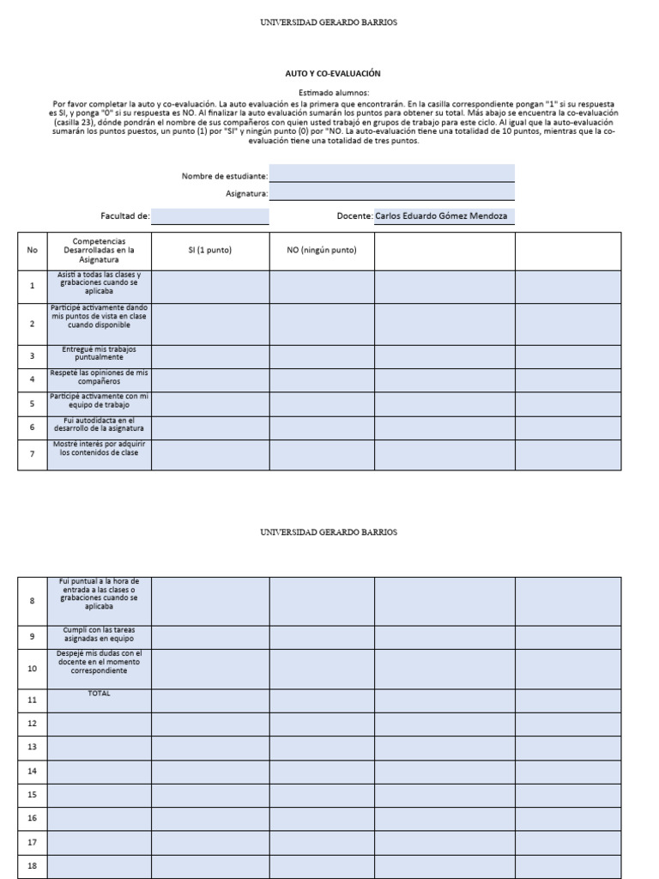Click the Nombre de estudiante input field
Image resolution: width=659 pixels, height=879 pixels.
(391, 174)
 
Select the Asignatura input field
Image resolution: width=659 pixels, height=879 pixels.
(391, 192)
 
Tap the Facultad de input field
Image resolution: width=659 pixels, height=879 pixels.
(210, 215)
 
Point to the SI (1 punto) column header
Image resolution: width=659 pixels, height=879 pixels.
(210, 251)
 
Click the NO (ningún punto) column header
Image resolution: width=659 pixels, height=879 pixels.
(322, 251)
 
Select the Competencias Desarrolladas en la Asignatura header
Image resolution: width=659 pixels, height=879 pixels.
(100, 251)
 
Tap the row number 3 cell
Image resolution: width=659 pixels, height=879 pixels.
(33, 356)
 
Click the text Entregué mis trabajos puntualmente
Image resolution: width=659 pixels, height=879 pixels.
(100, 353)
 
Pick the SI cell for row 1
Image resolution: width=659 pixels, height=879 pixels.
(210, 286)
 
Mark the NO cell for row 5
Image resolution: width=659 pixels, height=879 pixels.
(322, 403)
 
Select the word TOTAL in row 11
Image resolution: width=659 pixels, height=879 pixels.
(100, 693)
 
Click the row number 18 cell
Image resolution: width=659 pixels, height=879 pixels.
(33, 865)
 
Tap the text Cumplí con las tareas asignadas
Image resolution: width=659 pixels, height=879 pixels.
(100, 634)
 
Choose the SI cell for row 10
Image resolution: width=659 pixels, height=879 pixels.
(210, 668)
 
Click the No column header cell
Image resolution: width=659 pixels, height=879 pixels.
(33, 251)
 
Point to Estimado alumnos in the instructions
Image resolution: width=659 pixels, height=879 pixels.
(334, 92)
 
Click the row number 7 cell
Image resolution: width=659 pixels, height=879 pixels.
(33, 454)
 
